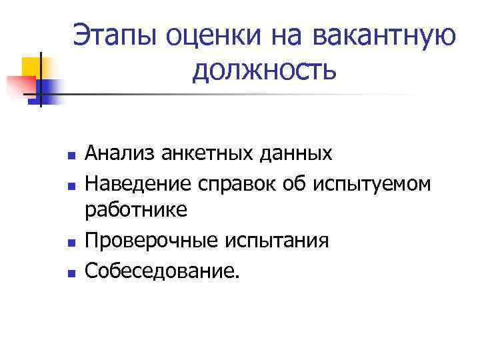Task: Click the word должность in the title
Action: tap(265, 69)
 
